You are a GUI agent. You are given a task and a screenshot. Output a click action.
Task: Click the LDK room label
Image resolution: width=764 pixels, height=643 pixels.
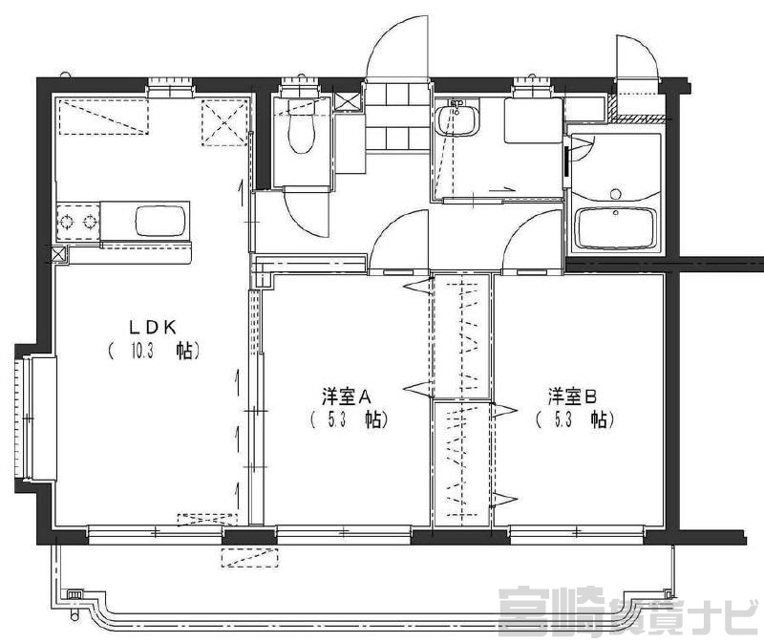pyautogui.click(x=153, y=328)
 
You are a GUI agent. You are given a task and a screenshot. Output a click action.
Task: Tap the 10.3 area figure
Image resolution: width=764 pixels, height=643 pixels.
pyautogui.click(x=142, y=351)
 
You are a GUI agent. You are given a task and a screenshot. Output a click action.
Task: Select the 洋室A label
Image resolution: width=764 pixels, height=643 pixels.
pyautogui.click(x=347, y=397)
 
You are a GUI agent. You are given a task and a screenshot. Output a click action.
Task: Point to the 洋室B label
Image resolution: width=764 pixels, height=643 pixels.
pyautogui.click(x=572, y=397)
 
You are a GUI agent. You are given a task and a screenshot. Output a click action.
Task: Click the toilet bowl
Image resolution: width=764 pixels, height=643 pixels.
pyautogui.click(x=302, y=127)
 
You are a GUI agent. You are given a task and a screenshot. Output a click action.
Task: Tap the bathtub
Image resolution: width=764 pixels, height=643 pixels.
pyautogui.click(x=616, y=228)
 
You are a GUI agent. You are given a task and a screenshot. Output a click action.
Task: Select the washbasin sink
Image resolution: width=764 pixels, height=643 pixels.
pyautogui.click(x=456, y=120)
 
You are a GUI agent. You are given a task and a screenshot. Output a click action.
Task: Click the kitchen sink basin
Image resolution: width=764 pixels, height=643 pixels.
pyautogui.click(x=160, y=221)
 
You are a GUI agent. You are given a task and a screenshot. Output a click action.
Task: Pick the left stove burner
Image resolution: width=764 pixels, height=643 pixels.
pyautogui.click(x=66, y=223)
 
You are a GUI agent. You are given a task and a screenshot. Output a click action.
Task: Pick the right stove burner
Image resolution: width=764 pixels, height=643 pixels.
pyautogui.click(x=90, y=223)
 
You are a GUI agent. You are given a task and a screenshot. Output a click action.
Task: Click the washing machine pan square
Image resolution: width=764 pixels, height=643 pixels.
pyautogui.click(x=534, y=120)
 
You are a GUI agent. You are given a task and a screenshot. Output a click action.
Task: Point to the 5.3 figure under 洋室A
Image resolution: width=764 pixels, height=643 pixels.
pyautogui.click(x=337, y=419)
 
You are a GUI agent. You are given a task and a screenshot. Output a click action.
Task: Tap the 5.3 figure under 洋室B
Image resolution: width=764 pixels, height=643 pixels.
pyautogui.click(x=562, y=419)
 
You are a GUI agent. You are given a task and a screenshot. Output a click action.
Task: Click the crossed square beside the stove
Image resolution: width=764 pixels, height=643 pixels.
pyautogui.click(x=58, y=254)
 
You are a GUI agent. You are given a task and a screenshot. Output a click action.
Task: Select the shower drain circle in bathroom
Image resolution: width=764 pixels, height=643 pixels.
pyautogui.click(x=616, y=194)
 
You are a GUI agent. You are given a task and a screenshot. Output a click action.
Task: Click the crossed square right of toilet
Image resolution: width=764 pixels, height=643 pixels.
pyautogui.click(x=347, y=101)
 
